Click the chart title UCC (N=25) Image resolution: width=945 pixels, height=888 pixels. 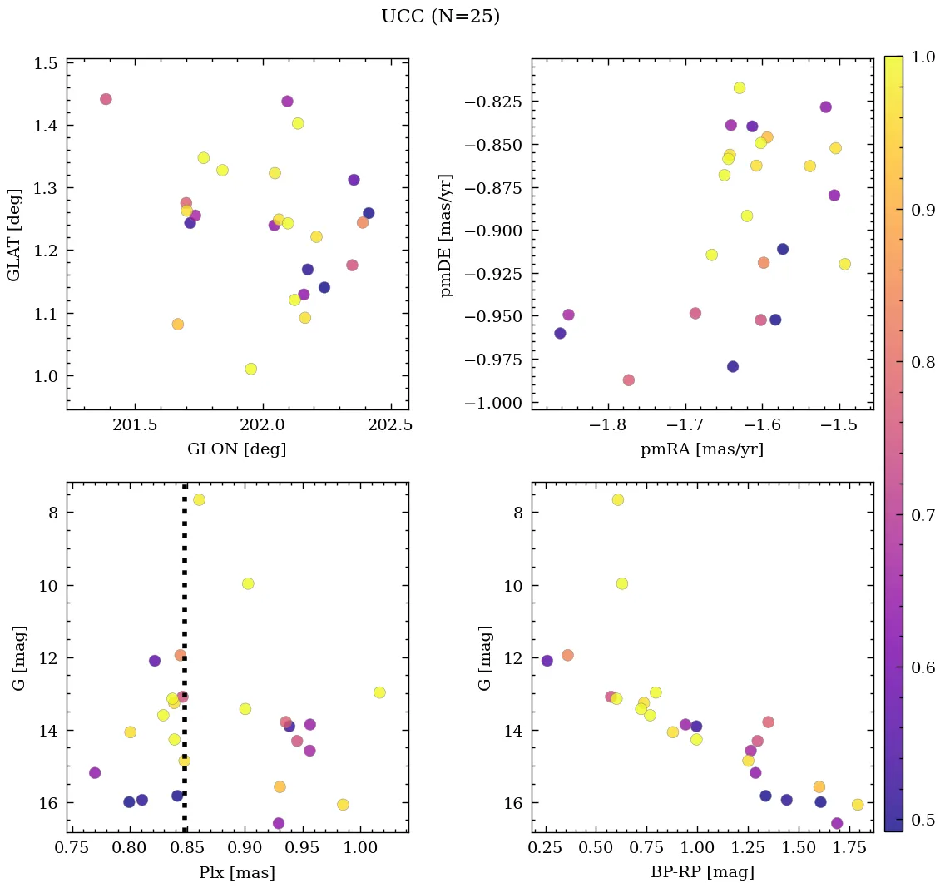click(x=440, y=17)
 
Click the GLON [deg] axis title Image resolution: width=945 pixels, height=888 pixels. click(x=237, y=449)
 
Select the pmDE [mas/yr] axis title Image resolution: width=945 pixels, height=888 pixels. click(x=448, y=235)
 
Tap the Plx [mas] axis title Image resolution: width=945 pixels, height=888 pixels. click(x=237, y=872)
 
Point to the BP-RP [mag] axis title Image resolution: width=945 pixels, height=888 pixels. click(x=703, y=872)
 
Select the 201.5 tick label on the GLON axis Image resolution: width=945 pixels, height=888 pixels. click(x=135, y=424)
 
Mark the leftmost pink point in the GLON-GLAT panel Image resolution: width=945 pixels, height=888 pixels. click(x=106, y=99)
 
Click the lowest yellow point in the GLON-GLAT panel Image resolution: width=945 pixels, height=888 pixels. click(x=251, y=369)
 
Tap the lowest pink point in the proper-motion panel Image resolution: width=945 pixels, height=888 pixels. click(x=629, y=380)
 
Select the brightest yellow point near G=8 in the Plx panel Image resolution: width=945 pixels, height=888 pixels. click(x=199, y=499)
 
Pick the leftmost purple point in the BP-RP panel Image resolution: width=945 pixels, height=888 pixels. click(x=547, y=661)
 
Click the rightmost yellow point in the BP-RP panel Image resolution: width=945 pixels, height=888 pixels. click(x=858, y=805)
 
